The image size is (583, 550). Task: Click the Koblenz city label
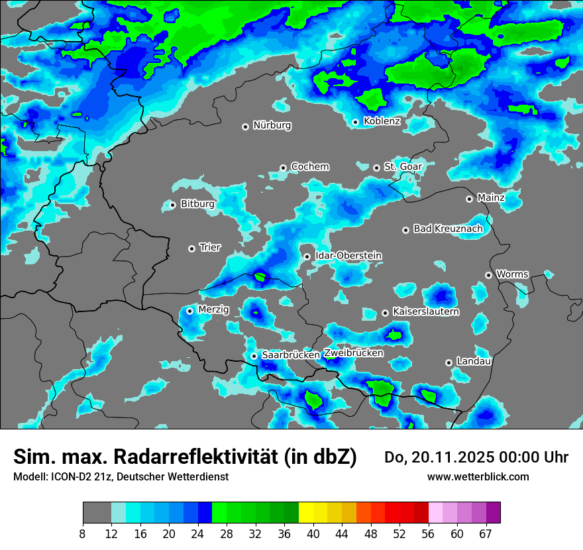(x=382, y=121)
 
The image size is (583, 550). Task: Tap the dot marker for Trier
(x=192, y=248)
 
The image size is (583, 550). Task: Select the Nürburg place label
(x=272, y=125)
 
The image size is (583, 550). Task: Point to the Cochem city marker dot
(x=283, y=168)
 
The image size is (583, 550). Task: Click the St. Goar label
(x=403, y=167)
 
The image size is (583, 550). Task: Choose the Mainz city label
(x=491, y=198)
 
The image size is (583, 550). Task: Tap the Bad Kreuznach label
(x=448, y=229)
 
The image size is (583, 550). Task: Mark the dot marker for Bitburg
(x=172, y=205)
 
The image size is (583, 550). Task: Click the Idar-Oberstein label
(x=348, y=256)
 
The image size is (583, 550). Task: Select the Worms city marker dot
(x=488, y=275)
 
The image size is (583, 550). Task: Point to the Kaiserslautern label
(x=426, y=311)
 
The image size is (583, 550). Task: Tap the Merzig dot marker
(x=189, y=311)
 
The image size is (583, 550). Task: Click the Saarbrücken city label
(x=291, y=355)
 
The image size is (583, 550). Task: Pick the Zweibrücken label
(x=353, y=353)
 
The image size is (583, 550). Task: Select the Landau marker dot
(x=449, y=362)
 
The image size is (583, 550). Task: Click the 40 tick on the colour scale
(x=313, y=533)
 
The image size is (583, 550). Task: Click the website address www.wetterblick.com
(x=478, y=476)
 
